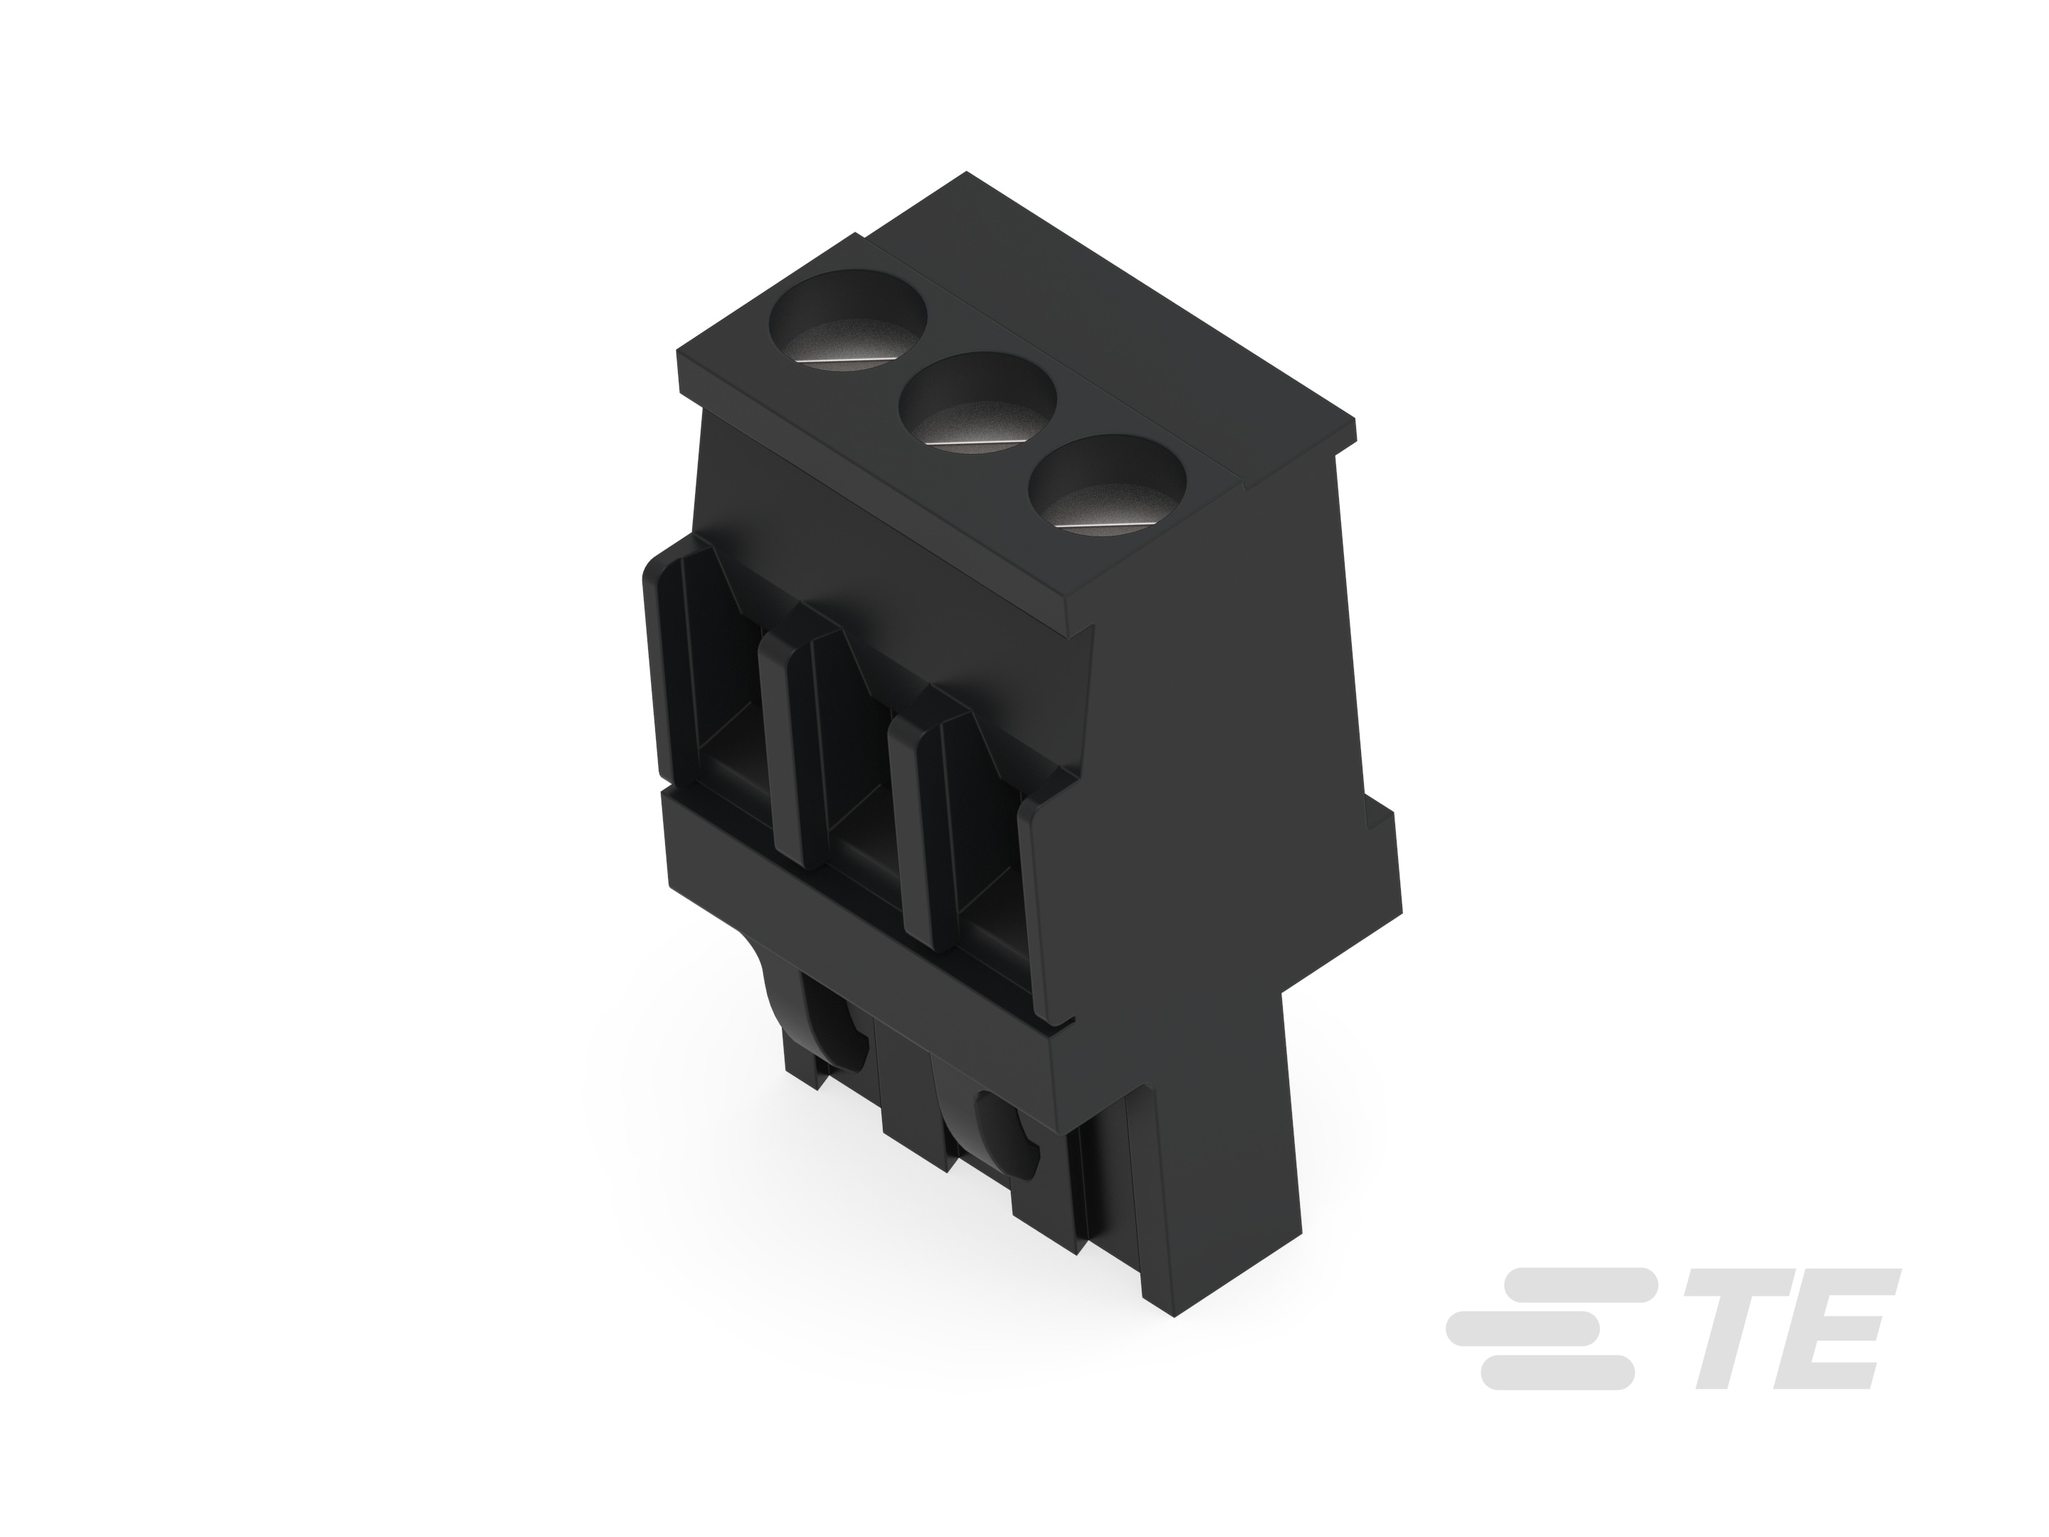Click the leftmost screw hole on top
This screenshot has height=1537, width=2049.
tap(849, 319)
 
